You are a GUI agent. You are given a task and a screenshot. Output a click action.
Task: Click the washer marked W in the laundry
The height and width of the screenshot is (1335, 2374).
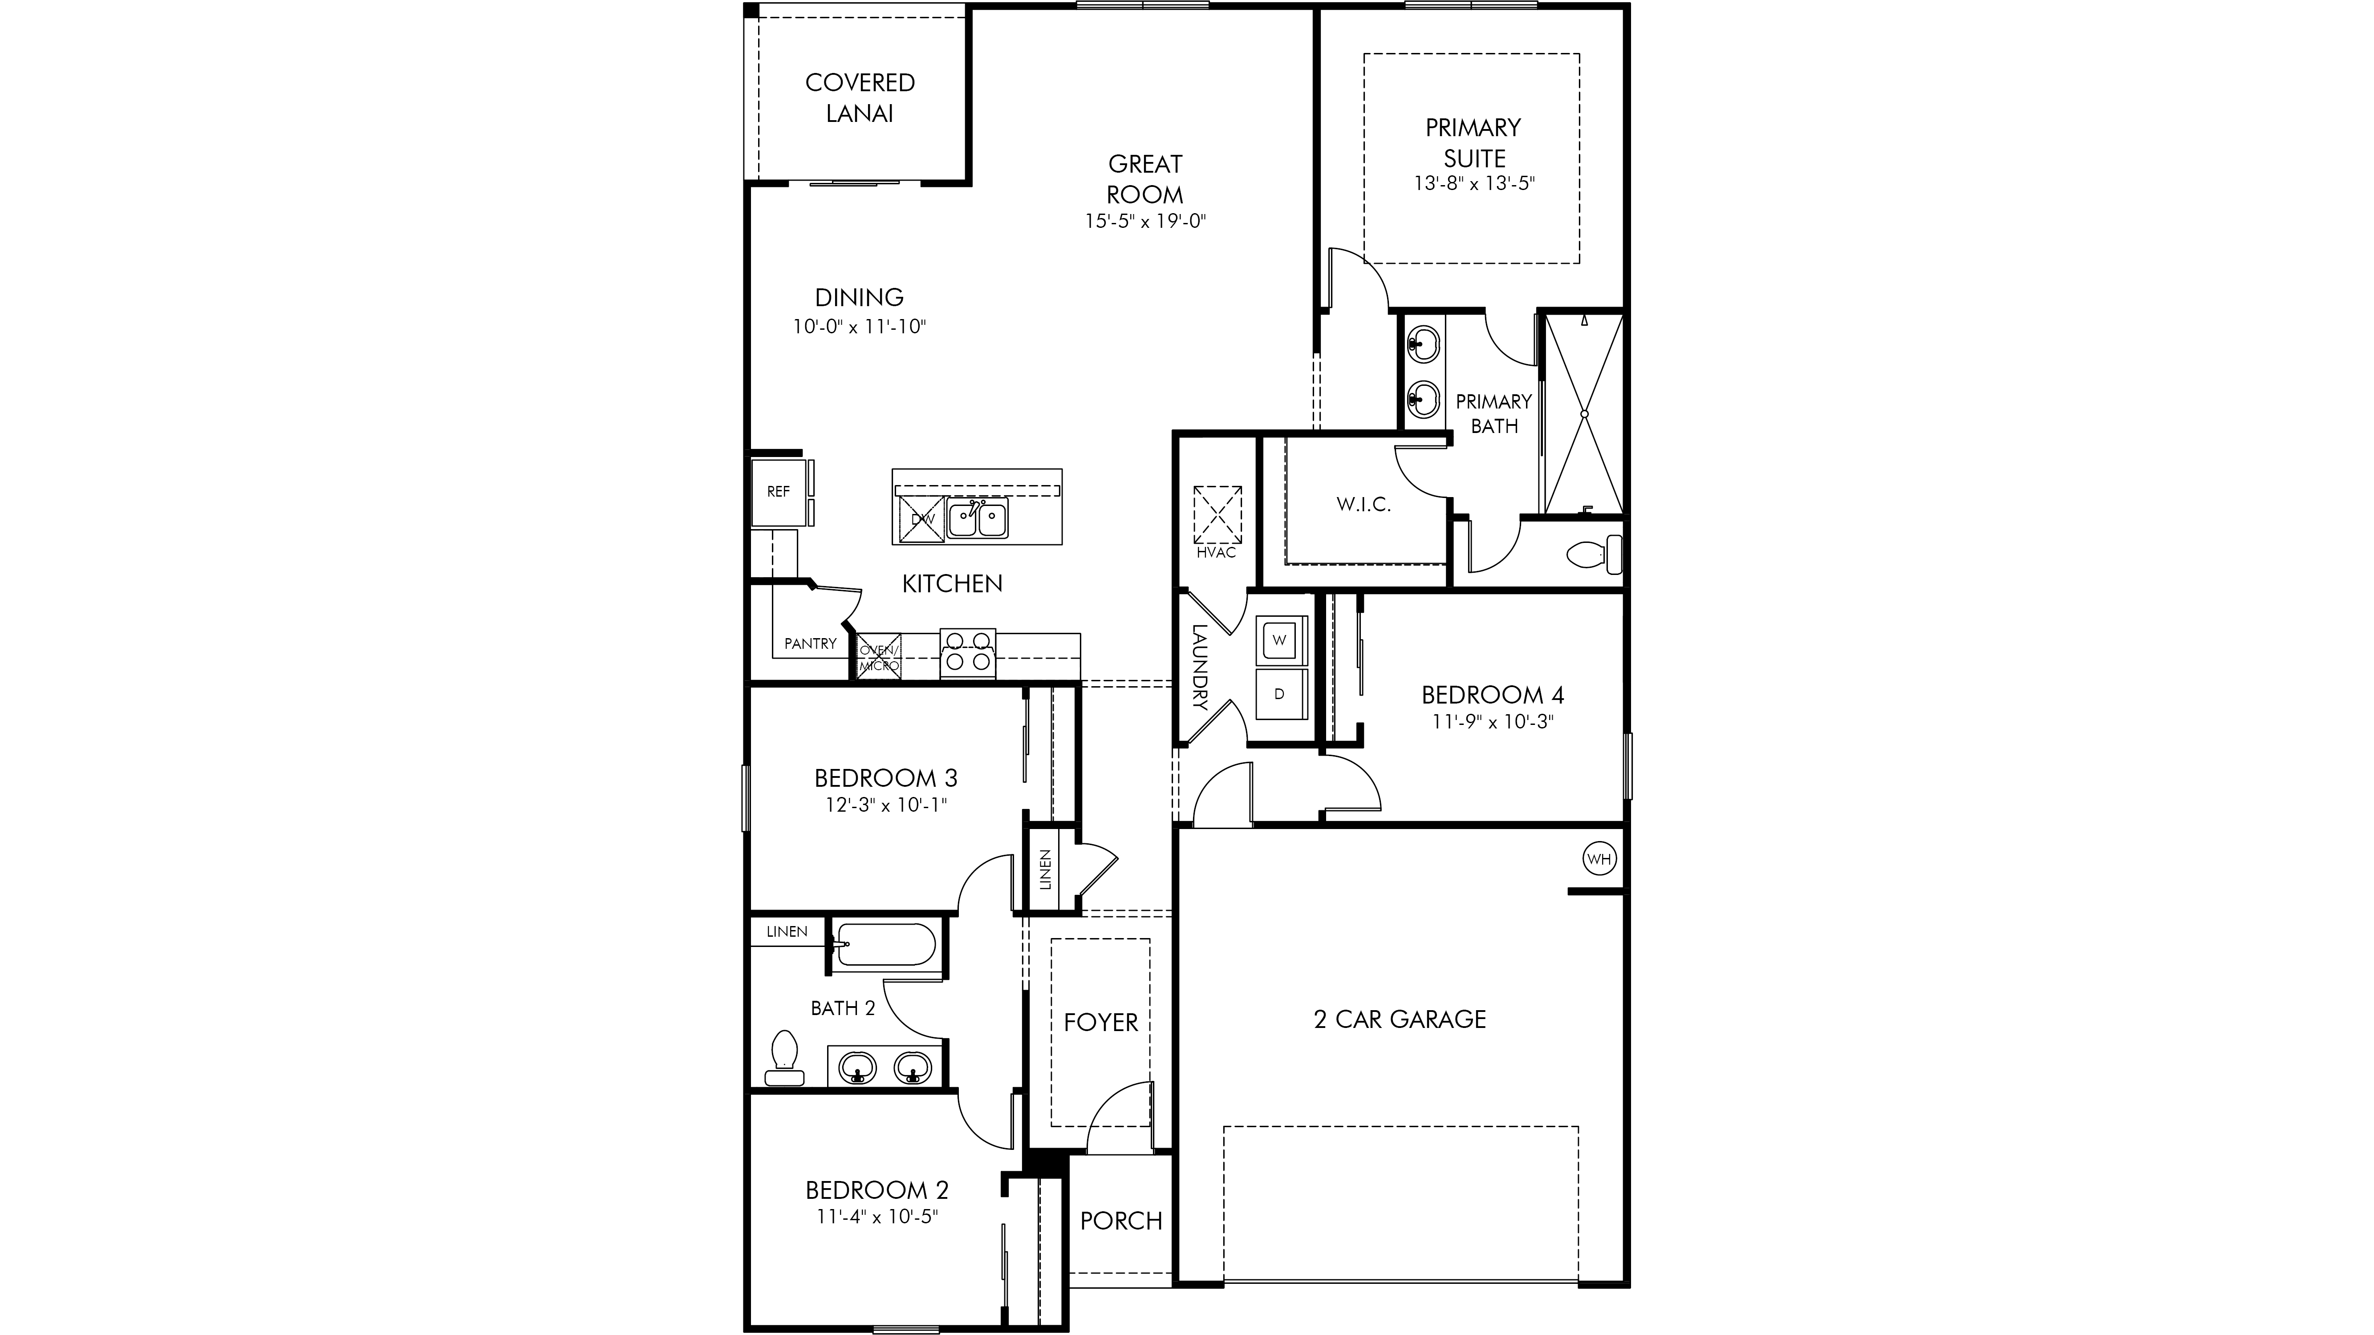[1279, 639]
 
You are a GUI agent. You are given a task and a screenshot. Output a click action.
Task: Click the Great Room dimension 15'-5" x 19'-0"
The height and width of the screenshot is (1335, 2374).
[1145, 221]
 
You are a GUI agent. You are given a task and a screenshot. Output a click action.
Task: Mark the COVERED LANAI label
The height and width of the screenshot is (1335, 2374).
[860, 97]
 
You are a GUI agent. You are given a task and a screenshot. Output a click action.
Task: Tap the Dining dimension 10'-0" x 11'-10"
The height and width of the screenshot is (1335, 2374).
[859, 327]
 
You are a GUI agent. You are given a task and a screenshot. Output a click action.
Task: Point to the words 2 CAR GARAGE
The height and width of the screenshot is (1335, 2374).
[1400, 1019]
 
